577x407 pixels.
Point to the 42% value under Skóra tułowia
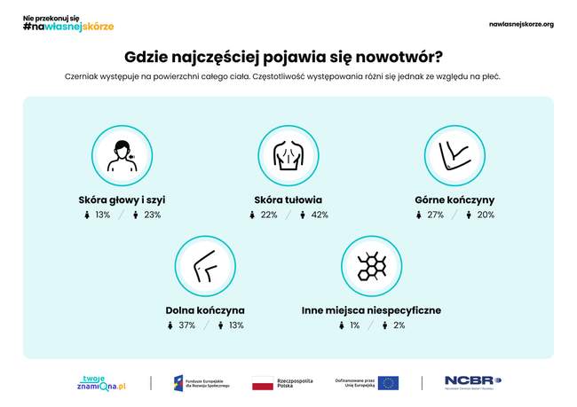[320, 215]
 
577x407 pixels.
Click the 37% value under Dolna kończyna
[186, 325]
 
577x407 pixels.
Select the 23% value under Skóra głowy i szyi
[152, 215]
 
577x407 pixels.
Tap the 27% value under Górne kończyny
[435, 215]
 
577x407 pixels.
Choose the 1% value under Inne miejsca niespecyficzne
[354, 325]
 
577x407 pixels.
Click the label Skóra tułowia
[288, 200]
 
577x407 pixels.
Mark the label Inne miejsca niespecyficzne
[371, 310]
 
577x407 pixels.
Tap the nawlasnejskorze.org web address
[521, 24]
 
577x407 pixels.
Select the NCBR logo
[472, 382]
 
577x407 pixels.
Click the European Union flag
[388, 382]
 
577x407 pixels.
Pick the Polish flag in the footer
[262, 383]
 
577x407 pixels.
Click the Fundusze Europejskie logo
[201, 382]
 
